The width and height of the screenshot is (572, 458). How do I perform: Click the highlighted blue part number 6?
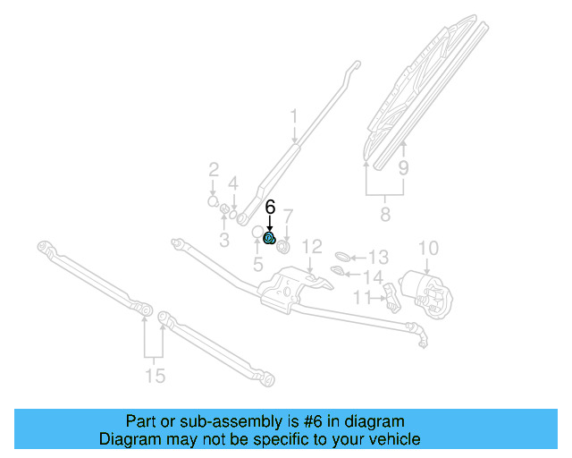[269, 237]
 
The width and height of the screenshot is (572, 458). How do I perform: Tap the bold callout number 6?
[270, 207]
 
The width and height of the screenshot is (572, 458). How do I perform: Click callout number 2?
[214, 169]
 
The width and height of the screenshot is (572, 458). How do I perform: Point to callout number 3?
[224, 240]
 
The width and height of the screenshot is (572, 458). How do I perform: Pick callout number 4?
[233, 183]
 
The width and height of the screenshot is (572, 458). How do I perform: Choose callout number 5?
[257, 264]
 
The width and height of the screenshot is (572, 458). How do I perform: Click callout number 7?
[288, 216]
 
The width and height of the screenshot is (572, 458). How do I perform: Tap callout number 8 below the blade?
[385, 215]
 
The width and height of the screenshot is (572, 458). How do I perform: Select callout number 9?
[403, 167]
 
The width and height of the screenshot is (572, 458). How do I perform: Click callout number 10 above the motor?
[428, 247]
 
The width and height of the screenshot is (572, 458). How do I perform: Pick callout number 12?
[310, 246]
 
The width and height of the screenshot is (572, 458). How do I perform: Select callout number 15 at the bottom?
[156, 376]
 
